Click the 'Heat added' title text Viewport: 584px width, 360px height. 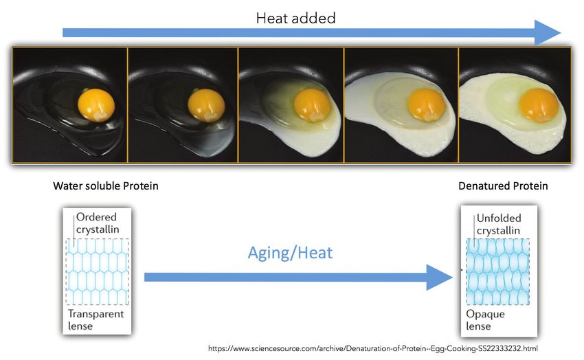(295, 18)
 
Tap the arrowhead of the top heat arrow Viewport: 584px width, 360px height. (547, 33)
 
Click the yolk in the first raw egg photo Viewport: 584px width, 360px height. (96, 105)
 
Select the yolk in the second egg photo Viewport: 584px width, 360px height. (206, 105)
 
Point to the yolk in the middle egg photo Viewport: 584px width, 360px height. (312, 106)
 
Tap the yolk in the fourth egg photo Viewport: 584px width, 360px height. (427, 105)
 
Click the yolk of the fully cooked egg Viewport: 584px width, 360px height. (539, 105)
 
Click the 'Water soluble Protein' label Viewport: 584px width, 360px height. (106, 185)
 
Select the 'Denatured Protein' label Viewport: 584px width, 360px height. (503, 185)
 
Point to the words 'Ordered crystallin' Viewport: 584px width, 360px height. (98, 223)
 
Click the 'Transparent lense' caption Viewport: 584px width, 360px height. (96, 319)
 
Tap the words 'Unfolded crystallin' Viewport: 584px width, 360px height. (499, 224)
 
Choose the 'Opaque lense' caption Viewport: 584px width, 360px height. (485, 320)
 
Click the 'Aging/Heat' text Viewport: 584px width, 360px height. (290, 253)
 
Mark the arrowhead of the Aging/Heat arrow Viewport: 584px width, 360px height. (440, 278)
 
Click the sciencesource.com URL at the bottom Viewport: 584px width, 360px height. (373, 349)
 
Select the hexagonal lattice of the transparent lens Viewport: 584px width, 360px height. (97, 272)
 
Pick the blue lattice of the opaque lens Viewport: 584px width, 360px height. (498, 272)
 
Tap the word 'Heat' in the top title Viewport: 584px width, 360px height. (271, 18)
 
